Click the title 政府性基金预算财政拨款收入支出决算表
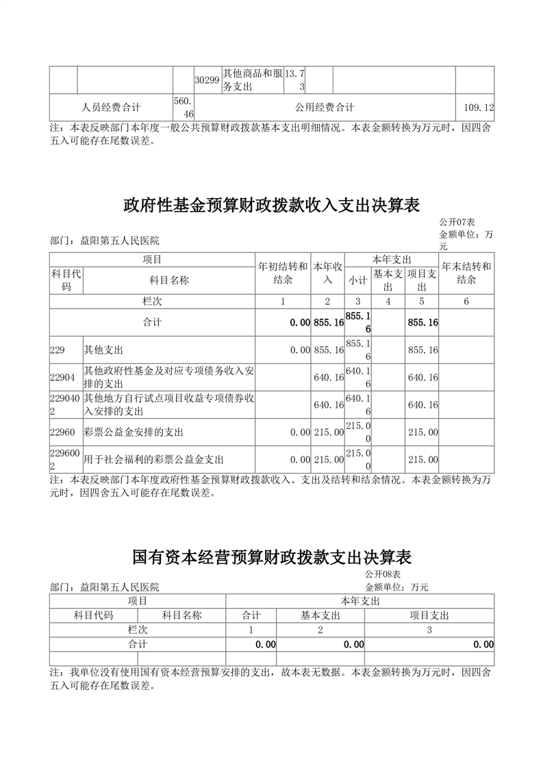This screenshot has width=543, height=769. click(x=271, y=205)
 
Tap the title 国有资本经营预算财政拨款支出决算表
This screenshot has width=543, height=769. click(x=271, y=556)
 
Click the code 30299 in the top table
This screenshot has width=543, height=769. click(x=207, y=80)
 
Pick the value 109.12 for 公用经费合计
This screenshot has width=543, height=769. click(x=479, y=108)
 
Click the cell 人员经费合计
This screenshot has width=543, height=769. click(x=111, y=108)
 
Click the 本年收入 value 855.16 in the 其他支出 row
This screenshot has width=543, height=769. click(x=328, y=350)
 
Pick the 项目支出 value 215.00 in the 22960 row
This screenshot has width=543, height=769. click(x=422, y=432)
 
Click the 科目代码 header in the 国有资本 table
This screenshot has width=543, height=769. click(x=93, y=615)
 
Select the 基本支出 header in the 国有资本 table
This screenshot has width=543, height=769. click(x=320, y=615)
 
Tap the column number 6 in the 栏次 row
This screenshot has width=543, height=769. click(x=466, y=302)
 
